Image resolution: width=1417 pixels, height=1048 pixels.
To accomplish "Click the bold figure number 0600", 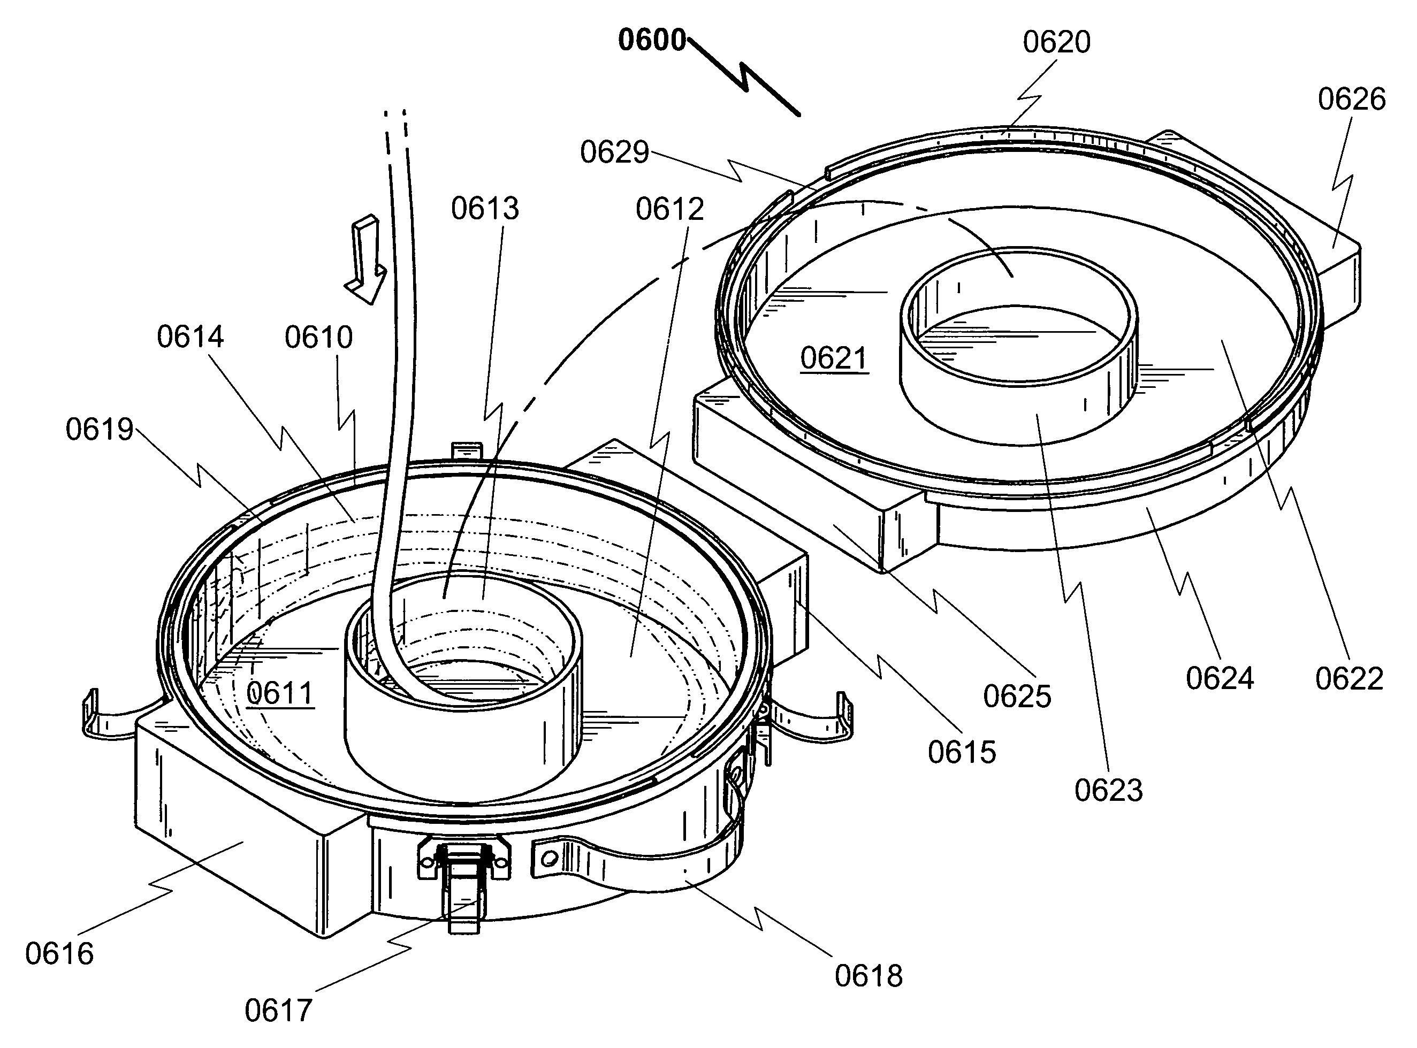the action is tap(652, 40).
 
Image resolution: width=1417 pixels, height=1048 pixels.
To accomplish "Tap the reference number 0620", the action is tap(1056, 42).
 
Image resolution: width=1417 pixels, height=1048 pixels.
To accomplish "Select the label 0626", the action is tap(1352, 100).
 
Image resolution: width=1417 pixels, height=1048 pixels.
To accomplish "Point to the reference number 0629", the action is tap(614, 152).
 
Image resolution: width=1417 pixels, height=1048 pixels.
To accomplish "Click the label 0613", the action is tap(485, 209).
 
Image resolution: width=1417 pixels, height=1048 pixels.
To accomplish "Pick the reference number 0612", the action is tap(670, 209).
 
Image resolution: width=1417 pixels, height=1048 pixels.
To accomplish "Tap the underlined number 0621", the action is tap(834, 358).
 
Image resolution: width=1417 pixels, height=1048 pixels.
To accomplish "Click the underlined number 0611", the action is tap(280, 693).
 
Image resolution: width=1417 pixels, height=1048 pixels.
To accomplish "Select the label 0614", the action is tap(191, 337).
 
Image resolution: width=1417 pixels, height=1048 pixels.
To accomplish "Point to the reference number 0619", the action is tap(100, 430).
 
